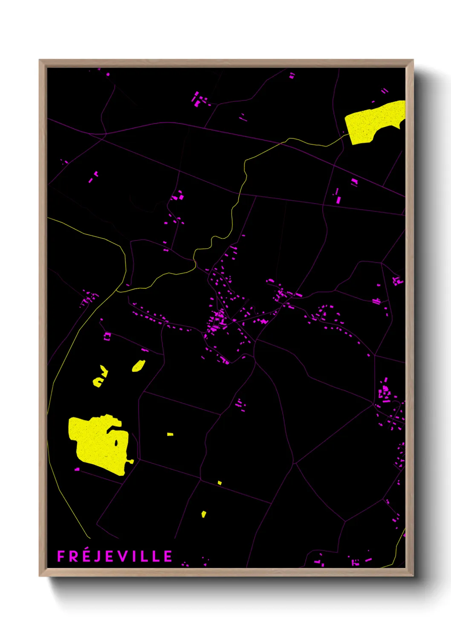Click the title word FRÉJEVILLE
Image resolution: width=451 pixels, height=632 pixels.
point(115,556)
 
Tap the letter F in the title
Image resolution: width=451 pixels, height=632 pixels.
point(61,556)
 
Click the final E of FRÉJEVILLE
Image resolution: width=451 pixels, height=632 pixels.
point(168,556)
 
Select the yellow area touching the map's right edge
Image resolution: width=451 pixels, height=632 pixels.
point(375,122)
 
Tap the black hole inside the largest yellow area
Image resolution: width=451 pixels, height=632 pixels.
point(116,442)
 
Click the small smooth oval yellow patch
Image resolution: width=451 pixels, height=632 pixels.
point(138,366)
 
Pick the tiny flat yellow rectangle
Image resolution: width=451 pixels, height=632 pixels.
point(170,434)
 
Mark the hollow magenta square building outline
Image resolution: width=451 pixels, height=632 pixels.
point(107,336)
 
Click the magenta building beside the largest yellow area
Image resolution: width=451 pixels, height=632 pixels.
point(77,469)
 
